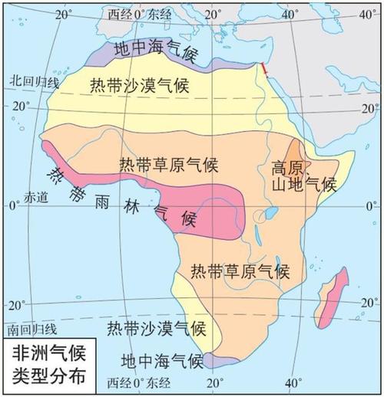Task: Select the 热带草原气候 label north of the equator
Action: pos(170,165)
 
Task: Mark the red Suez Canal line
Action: pos(265,71)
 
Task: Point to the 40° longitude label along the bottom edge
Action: pos(293,382)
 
